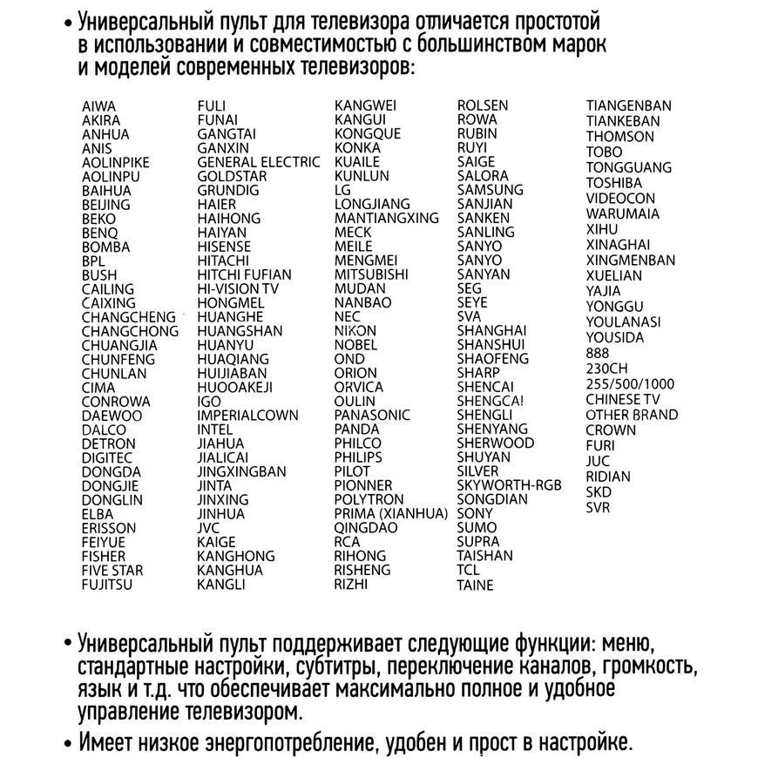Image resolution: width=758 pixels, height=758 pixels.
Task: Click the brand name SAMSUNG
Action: [x=491, y=190]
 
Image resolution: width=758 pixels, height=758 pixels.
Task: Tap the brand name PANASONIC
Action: [x=372, y=415]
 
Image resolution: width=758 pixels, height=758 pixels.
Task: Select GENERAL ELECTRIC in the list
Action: [x=259, y=162]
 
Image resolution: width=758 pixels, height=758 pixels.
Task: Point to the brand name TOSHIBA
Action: [x=613, y=183]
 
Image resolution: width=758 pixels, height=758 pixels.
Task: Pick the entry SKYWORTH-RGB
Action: [x=510, y=485]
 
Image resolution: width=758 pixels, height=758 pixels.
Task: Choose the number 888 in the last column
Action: [x=598, y=353]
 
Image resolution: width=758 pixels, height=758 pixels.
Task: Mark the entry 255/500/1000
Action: [x=630, y=384]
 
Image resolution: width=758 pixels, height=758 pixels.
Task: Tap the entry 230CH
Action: [x=606, y=369]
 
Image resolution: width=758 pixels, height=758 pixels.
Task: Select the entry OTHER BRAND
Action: [x=632, y=415]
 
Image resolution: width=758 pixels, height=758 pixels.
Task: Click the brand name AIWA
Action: [x=98, y=106]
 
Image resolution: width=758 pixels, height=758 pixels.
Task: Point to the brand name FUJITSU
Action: [x=107, y=585]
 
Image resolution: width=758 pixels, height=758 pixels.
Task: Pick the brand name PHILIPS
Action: [x=358, y=457]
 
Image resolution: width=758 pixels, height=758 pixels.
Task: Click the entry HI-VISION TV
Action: [x=238, y=288]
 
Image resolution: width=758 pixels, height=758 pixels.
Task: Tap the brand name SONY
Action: [x=475, y=513]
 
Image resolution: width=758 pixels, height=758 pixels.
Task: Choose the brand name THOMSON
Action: [x=619, y=137]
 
